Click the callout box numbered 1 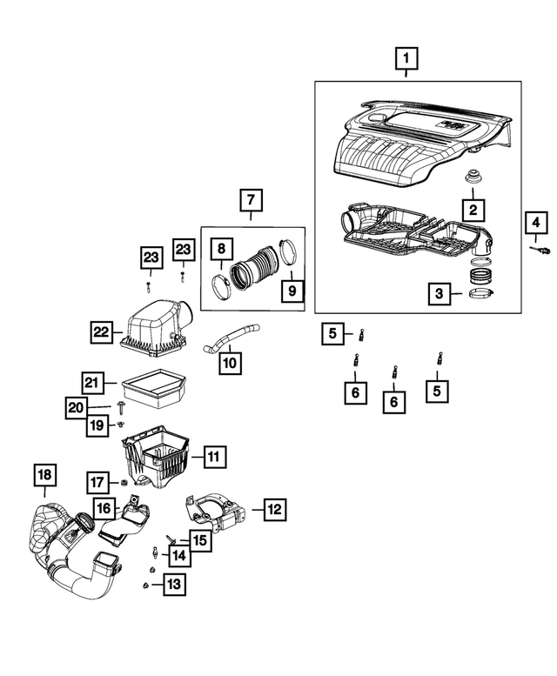[x=405, y=60]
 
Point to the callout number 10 [x=231, y=359]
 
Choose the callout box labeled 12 [x=272, y=508]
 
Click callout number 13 [x=174, y=585]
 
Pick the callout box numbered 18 [x=44, y=475]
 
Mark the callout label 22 [x=103, y=331]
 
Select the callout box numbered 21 [x=93, y=382]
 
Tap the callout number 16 [x=104, y=508]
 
